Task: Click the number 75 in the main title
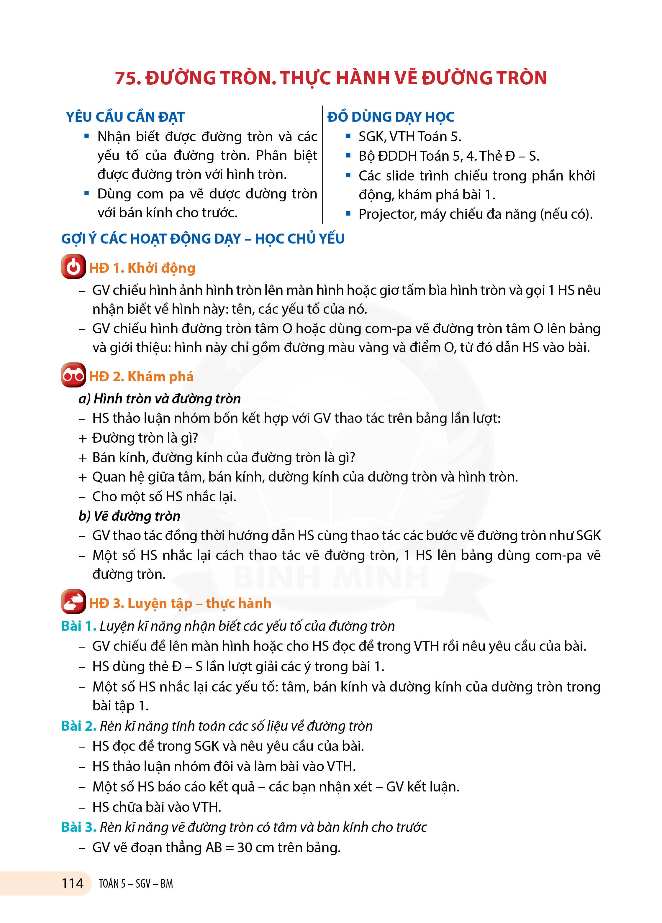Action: click(127, 78)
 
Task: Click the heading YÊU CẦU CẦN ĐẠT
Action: click(125, 117)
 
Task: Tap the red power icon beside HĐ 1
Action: click(73, 267)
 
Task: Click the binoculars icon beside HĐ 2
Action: click(73, 375)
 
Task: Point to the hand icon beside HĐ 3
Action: click(73, 602)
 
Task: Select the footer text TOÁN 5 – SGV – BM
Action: click(136, 883)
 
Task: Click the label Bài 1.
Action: click(78, 626)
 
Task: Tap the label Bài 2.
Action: click(78, 726)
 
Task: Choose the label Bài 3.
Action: click(78, 827)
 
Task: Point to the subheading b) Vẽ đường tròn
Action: click(129, 516)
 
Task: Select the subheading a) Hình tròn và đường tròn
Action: click(159, 398)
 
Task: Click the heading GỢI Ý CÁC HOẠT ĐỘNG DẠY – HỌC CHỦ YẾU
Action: click(203, 239)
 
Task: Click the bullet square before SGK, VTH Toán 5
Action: click(348, 136)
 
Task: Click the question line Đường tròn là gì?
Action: click(145, 438)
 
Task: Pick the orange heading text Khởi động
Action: click(161, 268)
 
